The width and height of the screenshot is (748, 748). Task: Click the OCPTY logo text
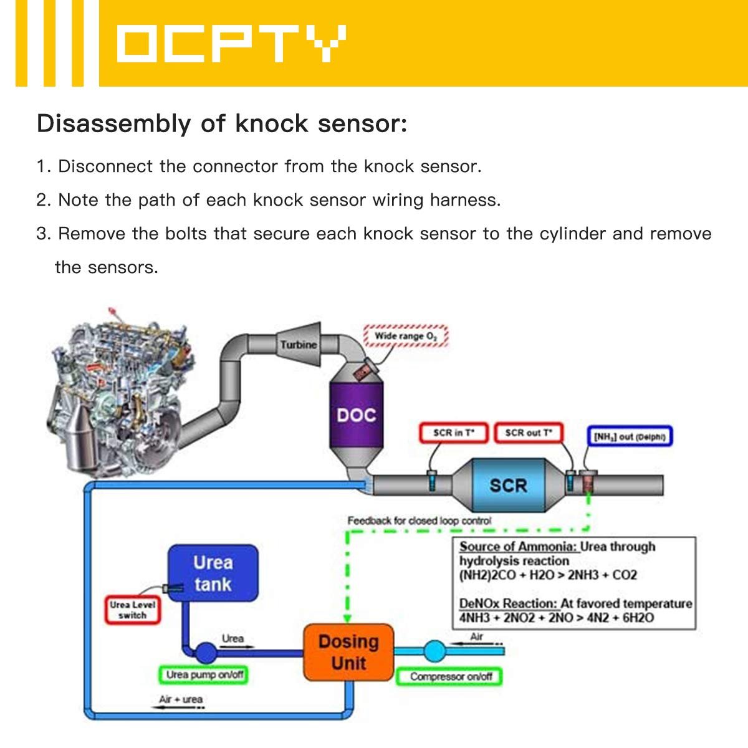(231, 44)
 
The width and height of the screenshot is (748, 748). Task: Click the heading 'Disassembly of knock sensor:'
(222, 123)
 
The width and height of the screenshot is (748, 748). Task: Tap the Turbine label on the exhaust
(299, 344)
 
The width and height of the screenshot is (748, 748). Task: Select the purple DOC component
(356, 414)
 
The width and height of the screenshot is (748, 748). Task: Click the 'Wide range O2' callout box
(405, 336)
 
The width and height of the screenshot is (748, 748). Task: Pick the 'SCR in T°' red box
(453, 433)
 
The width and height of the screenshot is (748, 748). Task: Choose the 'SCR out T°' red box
(528, 433)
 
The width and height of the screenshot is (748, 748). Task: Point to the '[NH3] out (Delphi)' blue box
(630, 436)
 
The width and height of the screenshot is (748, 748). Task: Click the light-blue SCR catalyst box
(508, 485)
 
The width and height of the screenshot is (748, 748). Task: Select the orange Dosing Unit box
(348, 652)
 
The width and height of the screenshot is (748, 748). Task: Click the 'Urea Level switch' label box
(132, 610)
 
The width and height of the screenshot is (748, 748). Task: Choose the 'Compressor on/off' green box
(449, 676)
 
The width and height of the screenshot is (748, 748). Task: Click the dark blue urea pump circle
(206, 653)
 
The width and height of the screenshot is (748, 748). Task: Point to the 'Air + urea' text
(181, 699)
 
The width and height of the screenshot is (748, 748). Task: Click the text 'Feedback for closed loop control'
(419, 520)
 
